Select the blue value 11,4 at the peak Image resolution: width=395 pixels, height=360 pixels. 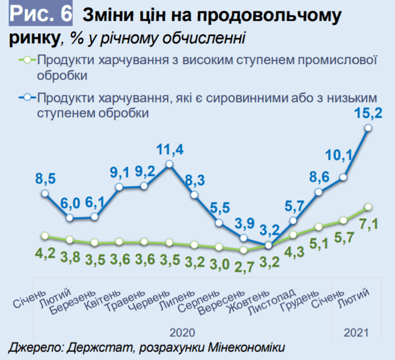(x=170, y=150)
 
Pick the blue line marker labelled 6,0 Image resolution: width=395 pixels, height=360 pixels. (x=70, y=218)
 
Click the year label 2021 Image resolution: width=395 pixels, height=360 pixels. (x=355, y=332)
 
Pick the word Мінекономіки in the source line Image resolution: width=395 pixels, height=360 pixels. (x=246, y=348)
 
